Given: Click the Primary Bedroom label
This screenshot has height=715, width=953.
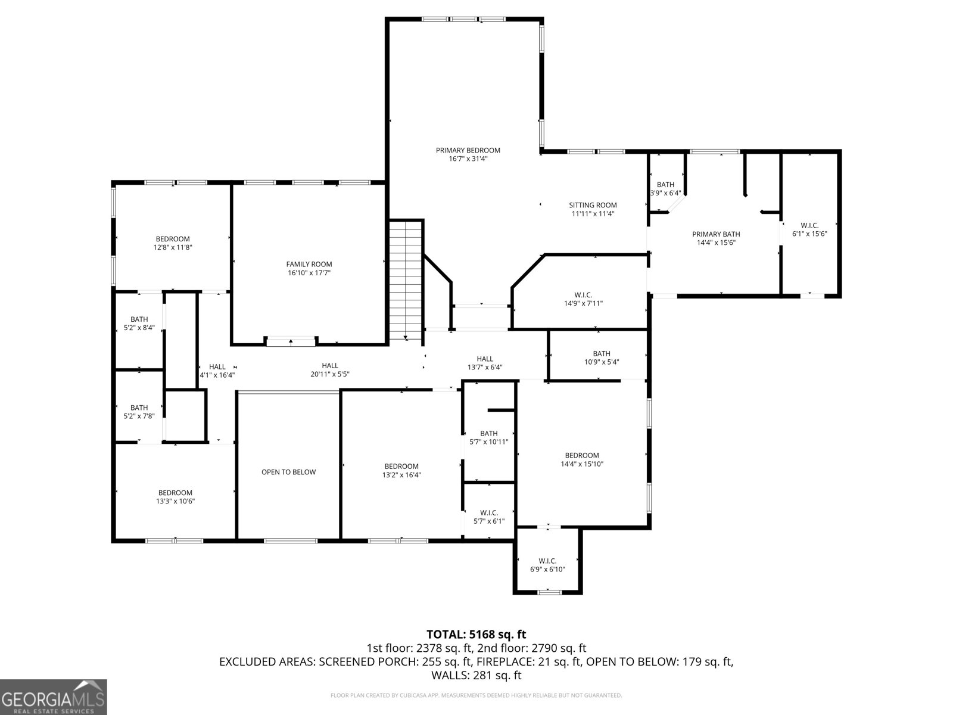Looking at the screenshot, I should click(x=468, y=151).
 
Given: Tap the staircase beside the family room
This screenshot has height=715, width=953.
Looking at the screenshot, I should click(x=406, y=280).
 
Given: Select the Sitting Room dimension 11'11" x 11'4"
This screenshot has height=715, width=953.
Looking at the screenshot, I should click(x=593, y=214).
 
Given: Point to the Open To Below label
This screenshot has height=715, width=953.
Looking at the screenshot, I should click(x=288, y=472).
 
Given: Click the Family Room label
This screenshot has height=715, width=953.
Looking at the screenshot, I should click(x=309, y=265).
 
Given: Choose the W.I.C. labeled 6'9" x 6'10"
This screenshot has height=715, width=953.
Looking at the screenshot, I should click(x=547, y=565).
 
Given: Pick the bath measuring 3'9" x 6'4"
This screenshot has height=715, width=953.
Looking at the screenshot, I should click(x=665, y=189).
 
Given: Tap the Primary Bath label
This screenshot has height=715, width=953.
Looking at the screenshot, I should click(x=716, y=234).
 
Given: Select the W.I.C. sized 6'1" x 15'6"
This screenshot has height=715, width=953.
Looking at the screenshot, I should click(x=809, y=229).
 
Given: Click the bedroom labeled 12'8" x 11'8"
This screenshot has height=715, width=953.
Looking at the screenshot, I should click(x=173, y=243).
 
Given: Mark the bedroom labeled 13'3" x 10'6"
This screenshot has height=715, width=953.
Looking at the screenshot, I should click(x=175, y=497).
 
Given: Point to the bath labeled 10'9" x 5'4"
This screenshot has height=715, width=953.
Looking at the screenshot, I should click(x=602, y=357).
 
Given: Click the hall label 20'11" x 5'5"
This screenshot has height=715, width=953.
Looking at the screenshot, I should click(x=330, y=370).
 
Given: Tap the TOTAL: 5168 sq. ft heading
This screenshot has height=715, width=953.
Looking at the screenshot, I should click(x=476, y=635).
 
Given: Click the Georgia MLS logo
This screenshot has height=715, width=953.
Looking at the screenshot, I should click(x=54, y=697).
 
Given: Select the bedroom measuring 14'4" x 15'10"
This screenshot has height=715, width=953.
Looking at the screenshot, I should click(x=582, y=459).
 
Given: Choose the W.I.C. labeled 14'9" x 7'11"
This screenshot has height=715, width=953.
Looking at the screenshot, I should click(x=583, y=299).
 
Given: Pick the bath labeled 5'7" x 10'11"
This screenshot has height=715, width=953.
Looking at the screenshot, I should click(x=488, y=437).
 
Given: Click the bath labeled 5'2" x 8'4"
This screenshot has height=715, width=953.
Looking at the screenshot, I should click(x=139, y=324).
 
